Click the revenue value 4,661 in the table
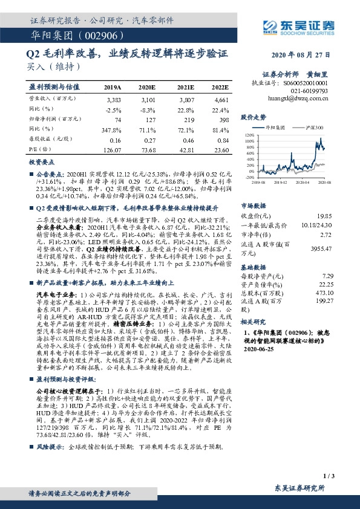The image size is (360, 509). [x=221, y=99]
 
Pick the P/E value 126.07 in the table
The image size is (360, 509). [x=113, y=149]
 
